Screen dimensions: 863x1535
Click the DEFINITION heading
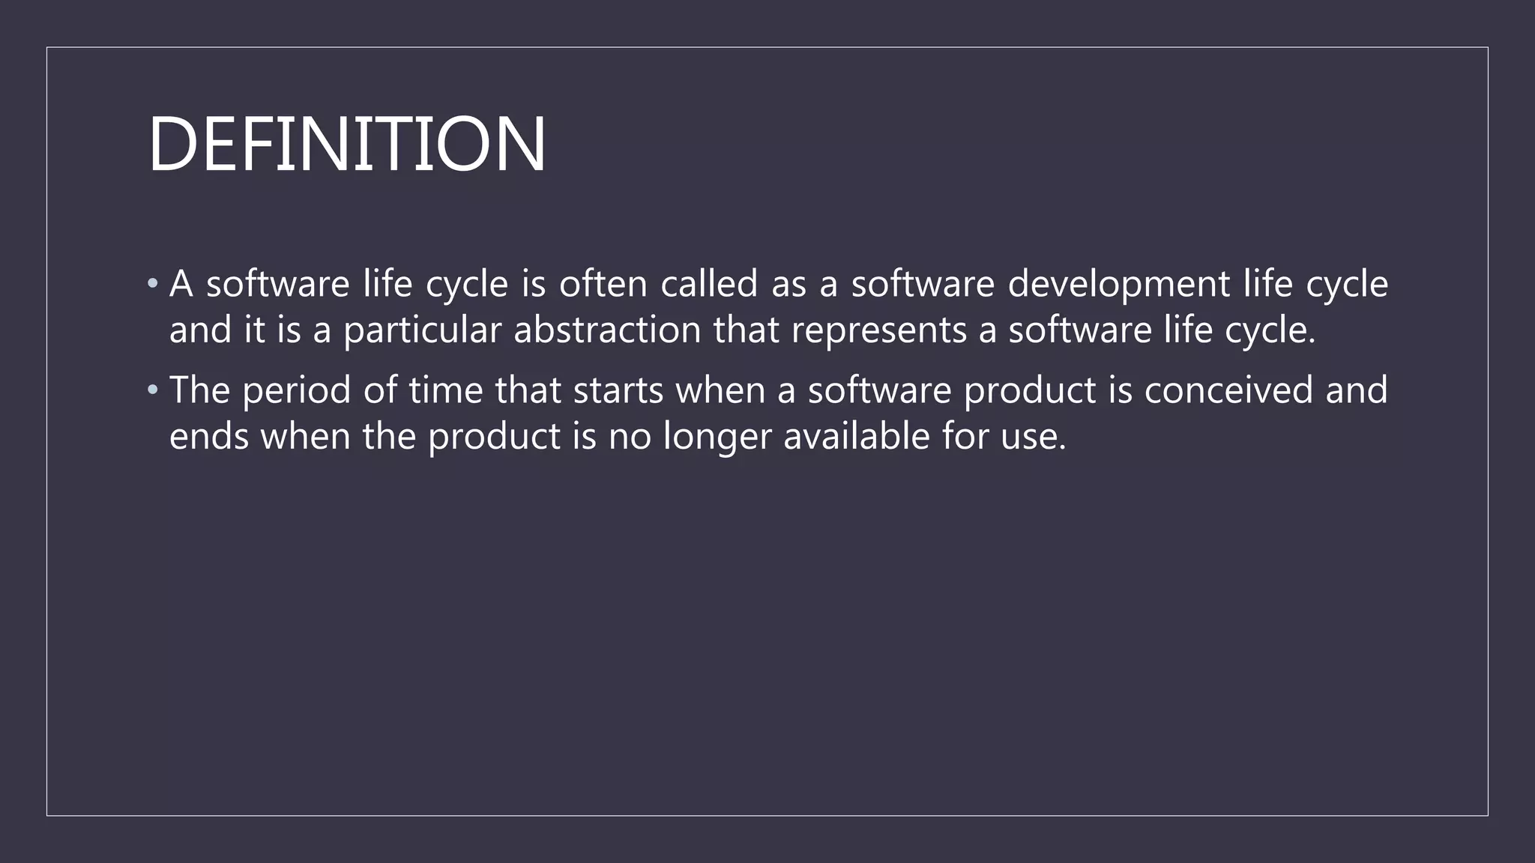(x=347, y=144)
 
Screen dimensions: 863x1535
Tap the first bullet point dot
(x=153, y=284)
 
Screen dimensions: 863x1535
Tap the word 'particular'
(x=422, y=330)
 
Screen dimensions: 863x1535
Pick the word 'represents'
(x=879, y=330)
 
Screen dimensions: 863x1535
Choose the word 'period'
(x=297, y=390)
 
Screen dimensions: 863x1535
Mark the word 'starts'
(x=618, y=390)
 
